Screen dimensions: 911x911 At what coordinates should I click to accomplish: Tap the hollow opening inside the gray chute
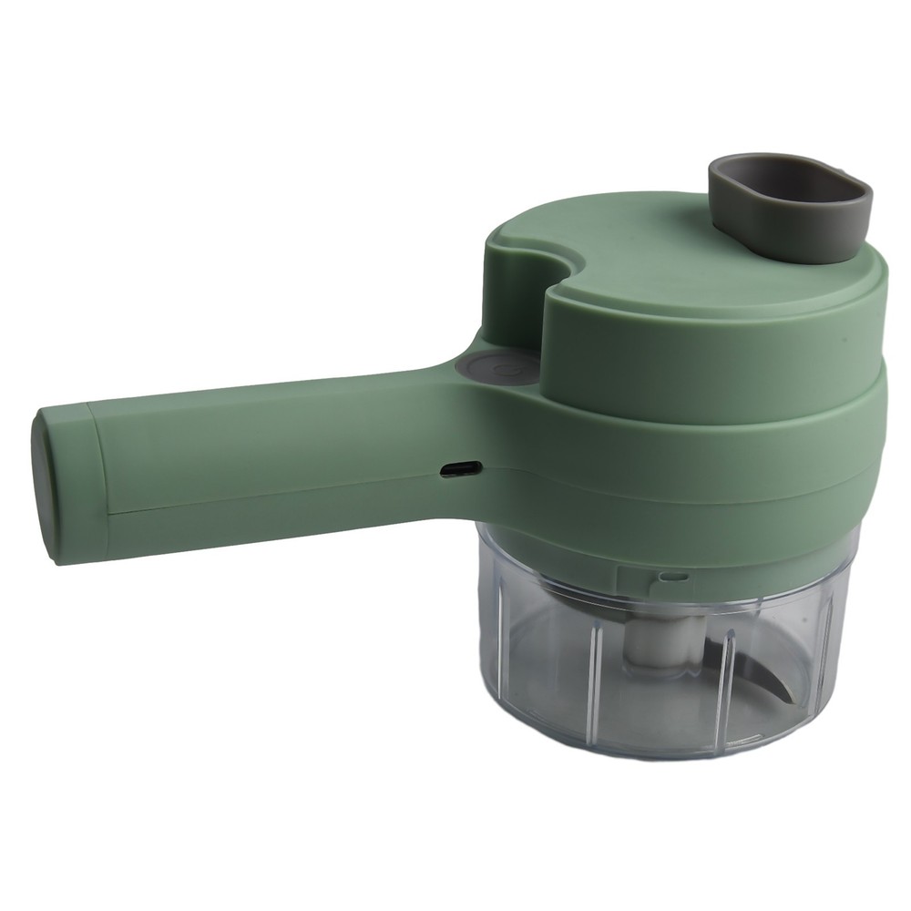tap(793, 182)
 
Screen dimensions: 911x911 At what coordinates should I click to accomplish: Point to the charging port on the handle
tap(460, 468)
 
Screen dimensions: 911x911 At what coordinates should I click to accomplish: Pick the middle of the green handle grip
tap(273, 455)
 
